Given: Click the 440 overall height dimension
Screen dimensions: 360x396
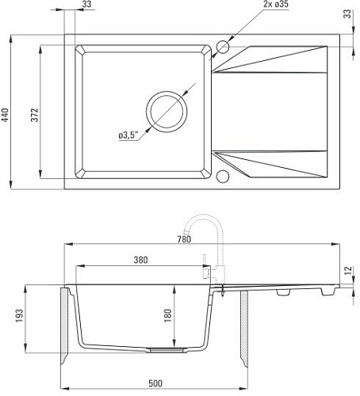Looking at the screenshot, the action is (x=6, y=115).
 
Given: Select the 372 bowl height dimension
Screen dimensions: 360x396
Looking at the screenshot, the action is (x=35, y=115).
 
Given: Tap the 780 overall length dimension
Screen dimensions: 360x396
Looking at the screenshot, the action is (x=184, y=239).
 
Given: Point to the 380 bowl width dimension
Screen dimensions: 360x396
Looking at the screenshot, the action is (x=140, y=260).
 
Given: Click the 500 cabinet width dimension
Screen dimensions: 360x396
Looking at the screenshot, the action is (x=155, y=383).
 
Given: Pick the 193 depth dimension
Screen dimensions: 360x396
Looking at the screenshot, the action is (x=19, y=315).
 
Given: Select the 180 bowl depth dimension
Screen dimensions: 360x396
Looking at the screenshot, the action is (x=168, y=315).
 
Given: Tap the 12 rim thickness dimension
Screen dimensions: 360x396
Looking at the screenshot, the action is (x=349, y=270).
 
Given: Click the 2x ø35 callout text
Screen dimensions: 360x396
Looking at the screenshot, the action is (x=276, y=4).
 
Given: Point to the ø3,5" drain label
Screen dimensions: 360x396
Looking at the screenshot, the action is (x=128, y=135).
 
